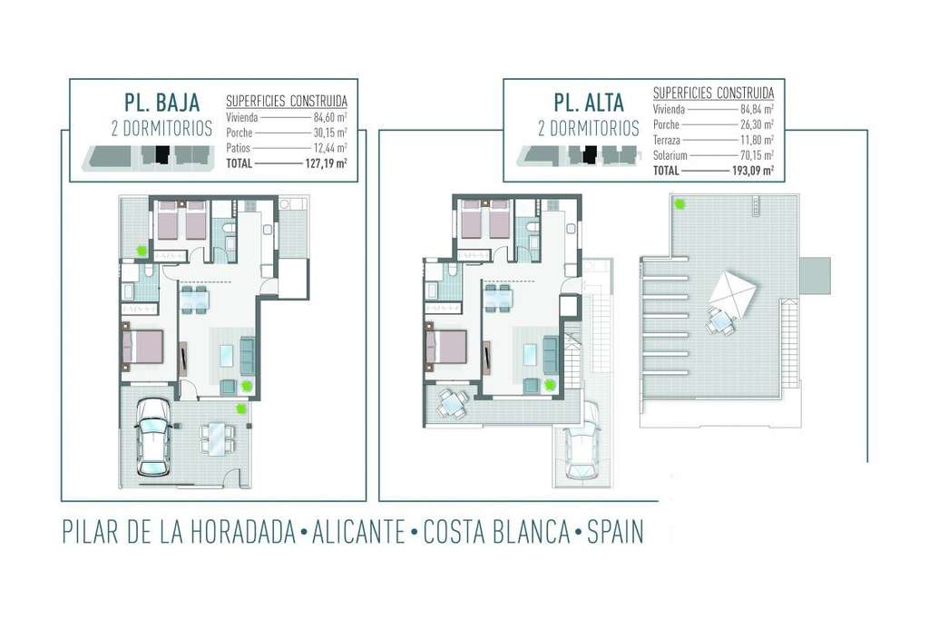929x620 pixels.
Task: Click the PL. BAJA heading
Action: [x=161, y=102]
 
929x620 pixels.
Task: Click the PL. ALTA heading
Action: [x=589, y=103]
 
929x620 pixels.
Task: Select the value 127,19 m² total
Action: [x=326, y=163]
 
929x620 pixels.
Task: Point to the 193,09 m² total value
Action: [x=752, y=171]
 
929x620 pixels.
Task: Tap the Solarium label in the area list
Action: [x=670, y=155]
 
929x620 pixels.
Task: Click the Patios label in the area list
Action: [x=239, y=148]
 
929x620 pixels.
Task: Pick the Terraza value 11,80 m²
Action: [x=757, y=141]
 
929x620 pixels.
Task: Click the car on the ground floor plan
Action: [x=153, y=438]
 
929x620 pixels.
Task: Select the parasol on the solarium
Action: [x=732, y=293]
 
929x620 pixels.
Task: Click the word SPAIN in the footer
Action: [x=615, y=532]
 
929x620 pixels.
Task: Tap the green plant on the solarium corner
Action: [x=680, y=204]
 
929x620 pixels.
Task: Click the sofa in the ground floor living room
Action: [x=247, y=355]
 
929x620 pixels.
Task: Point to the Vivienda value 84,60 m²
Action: [x=330, y=117]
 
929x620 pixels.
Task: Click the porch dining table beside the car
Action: [x=217, y=439]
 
